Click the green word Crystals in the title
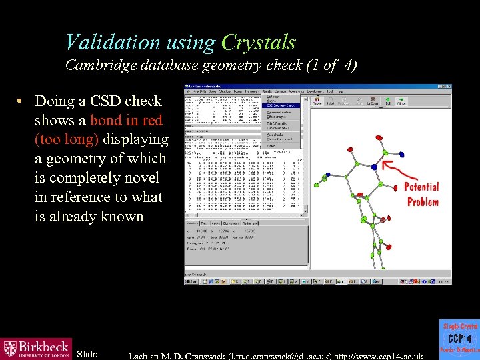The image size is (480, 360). [258, 43]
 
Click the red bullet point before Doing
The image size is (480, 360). [22, 101]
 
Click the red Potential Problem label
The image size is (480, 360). [421, 194]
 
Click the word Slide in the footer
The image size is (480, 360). [87, 353]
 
